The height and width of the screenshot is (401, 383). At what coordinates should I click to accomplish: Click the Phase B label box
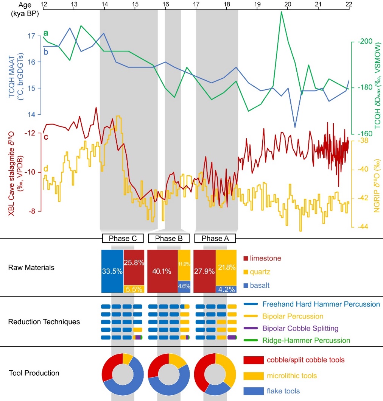169,238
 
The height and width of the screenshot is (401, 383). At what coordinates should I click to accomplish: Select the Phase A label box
215,238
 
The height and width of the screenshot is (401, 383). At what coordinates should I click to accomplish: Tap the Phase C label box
123,238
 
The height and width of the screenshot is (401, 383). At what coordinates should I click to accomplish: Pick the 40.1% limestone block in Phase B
162,271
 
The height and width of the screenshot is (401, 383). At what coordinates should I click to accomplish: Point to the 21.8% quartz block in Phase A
226,267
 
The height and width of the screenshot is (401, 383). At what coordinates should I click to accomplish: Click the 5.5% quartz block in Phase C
134,289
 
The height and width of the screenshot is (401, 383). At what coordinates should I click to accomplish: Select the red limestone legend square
246,258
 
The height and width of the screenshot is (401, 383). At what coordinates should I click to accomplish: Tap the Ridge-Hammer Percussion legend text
306,340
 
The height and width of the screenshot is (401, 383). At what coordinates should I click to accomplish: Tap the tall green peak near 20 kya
281,12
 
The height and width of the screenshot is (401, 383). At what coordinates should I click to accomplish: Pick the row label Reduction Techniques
44,322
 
